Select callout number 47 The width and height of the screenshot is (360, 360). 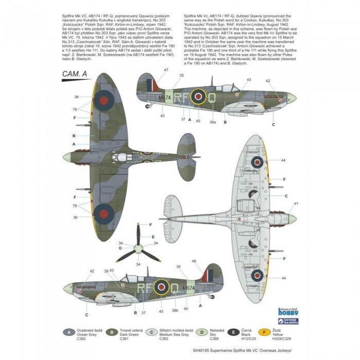pos(166,69)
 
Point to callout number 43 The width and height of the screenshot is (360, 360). pos(249,80)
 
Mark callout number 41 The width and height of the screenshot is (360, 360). pos(296,204)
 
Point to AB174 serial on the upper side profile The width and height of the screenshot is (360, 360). pos(164,96)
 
